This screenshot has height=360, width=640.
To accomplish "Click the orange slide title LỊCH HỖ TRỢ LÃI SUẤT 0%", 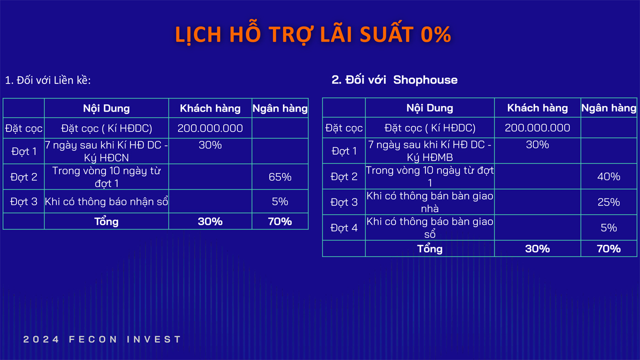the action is [313, 34].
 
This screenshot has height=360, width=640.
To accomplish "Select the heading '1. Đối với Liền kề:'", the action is [48, 80].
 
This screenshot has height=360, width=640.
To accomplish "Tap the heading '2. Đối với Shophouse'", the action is [394, 79].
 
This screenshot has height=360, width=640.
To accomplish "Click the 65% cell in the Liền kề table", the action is [280, 177].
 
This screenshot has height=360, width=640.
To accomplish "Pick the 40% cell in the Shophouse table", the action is [608, 176].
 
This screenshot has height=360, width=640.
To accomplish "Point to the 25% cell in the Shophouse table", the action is [608, 202].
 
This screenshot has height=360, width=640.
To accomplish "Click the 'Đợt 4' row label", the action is [344, 227].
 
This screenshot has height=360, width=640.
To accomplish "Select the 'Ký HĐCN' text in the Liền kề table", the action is [106, 157].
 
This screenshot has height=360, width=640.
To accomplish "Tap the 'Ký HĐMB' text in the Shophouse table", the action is [429, 157].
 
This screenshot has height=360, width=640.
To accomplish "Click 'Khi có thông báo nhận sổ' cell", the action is [106, 201].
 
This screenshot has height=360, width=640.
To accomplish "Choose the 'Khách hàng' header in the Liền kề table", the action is [210, 108].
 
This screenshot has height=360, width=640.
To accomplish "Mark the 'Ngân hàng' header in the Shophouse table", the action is [609, 108].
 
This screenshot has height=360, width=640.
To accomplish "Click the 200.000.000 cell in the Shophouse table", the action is [537, 127].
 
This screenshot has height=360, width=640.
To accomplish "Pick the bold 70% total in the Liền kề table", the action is [280, 221].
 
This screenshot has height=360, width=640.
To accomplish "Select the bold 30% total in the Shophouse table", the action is [537, 248].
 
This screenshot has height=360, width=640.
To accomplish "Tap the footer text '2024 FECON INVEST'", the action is [102, 339].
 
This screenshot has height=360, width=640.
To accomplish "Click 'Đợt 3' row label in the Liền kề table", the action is [23, 201].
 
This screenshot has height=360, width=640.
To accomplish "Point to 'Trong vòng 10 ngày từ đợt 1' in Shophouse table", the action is [429, 176].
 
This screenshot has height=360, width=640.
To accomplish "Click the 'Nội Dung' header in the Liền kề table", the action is [106, 108].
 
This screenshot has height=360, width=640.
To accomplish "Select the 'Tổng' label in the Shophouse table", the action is [429, 248].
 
